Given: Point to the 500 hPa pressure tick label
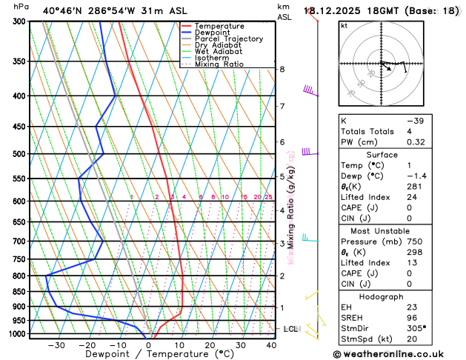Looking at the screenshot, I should tap(18, 154).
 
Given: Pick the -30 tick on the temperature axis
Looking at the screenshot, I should tap(56, 345).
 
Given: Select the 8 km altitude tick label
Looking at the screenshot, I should tap(282, 69).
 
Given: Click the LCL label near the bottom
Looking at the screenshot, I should tap(290, 329).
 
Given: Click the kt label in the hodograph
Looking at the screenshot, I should tap(344, 26).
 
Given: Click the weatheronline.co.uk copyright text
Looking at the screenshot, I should tap(400, 354).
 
